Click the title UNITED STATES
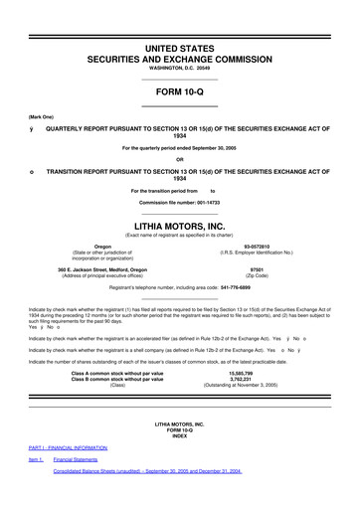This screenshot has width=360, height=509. (179, 48)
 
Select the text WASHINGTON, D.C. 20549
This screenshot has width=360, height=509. (179, 73)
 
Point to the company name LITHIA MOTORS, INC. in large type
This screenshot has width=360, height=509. (179, 226)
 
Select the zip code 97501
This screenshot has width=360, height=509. (257, 268)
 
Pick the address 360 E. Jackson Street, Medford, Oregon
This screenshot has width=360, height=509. (102, 268)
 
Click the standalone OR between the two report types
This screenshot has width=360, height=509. (179, 160)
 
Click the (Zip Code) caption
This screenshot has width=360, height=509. (257, 275)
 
